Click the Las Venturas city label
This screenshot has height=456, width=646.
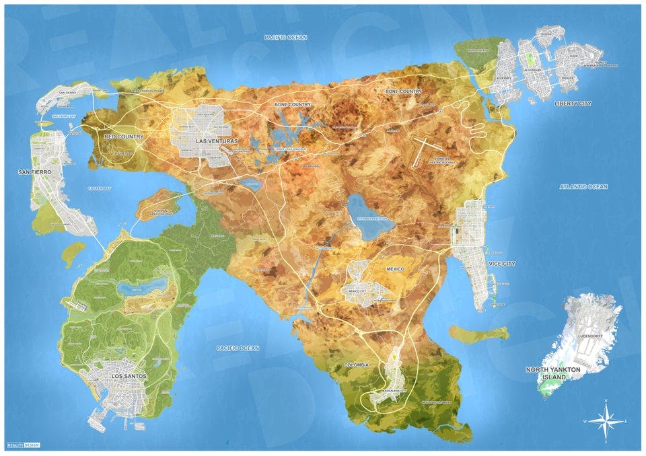(x=217, y=141)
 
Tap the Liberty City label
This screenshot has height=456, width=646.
(x=573, y=104)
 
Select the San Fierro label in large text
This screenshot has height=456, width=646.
(x=35, y=172)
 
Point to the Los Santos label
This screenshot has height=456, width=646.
(x=127, y=377)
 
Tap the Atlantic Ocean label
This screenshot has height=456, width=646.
(x=583, y=186)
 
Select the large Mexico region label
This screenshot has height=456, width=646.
(x=395, y=269)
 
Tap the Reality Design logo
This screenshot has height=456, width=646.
(x=22, y=445)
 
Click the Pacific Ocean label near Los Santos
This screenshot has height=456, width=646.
(x=238, y=348)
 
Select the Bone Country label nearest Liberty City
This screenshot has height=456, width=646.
(x=404, y=91)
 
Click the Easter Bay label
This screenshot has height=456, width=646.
(x=99, y=189)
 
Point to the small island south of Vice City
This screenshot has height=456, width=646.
(x=478, y=334)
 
